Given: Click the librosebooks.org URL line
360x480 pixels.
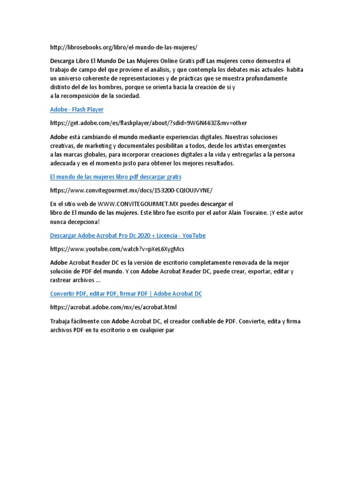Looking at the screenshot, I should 124,47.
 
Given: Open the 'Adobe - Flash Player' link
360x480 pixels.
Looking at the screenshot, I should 77,109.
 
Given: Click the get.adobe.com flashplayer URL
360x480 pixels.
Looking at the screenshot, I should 149,123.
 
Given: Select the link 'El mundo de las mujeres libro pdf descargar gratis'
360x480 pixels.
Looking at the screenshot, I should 116,177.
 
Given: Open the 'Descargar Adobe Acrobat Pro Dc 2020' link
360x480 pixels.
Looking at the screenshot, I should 127,235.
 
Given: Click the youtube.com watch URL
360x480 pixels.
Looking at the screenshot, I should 120,249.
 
